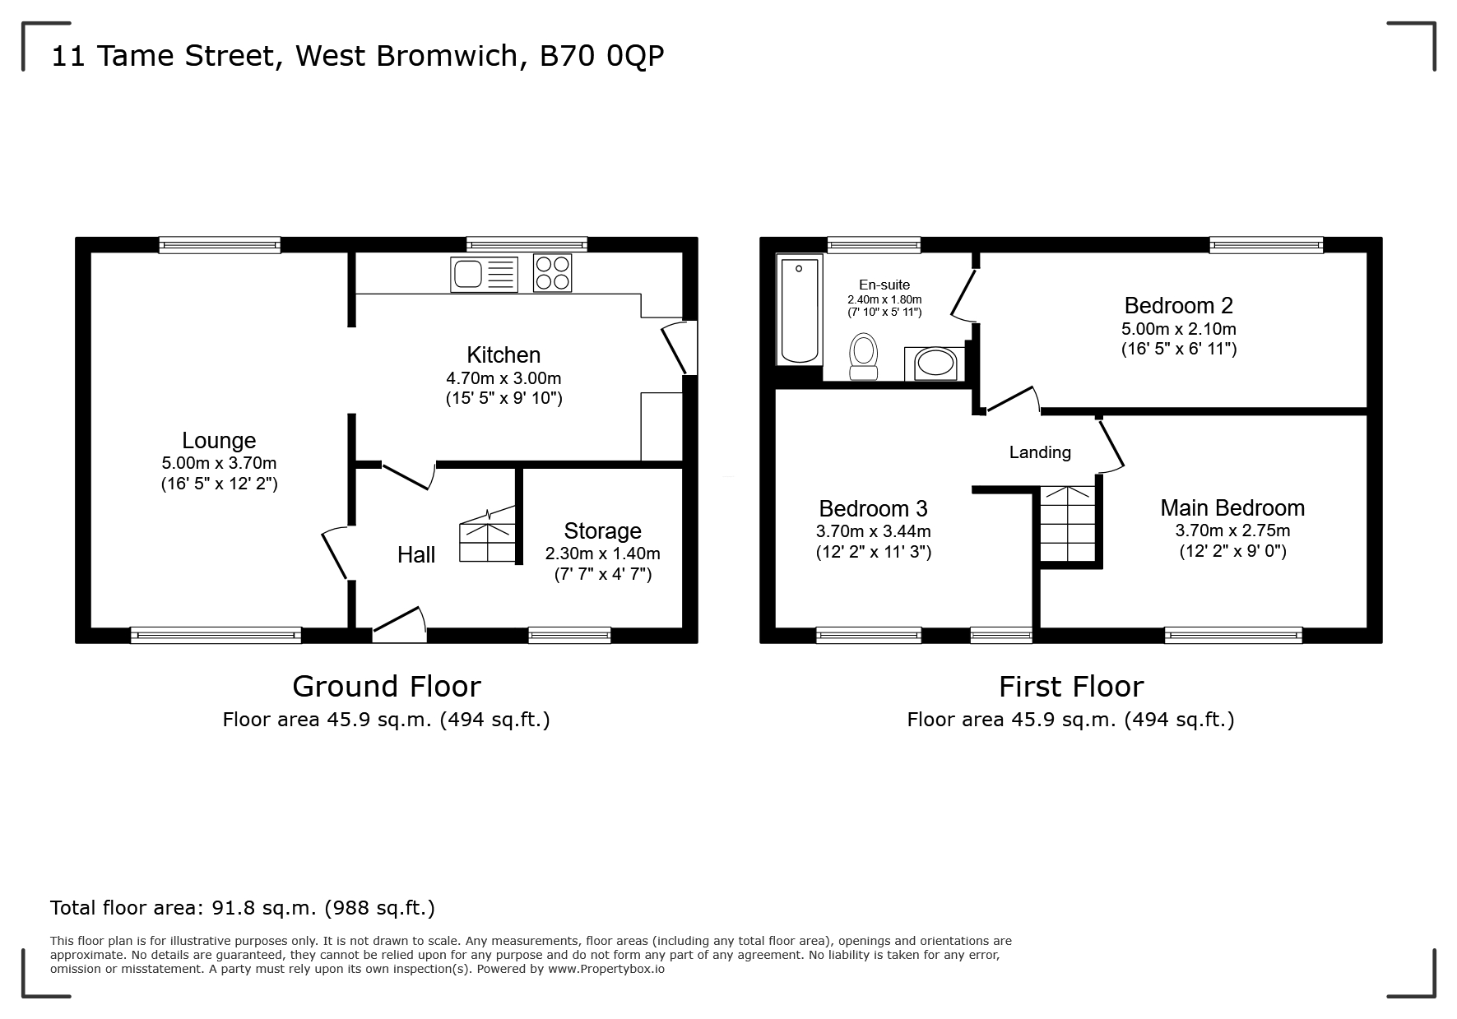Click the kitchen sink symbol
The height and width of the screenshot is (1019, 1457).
point(484,274)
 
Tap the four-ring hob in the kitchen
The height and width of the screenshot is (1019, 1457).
point(553,273)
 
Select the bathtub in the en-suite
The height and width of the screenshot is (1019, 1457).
point(800,309)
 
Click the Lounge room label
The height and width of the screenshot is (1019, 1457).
point(219,441)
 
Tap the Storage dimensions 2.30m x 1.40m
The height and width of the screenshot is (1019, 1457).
point(602,554)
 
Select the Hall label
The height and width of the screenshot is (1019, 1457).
point(416,555)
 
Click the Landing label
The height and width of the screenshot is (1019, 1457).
point(1040,452)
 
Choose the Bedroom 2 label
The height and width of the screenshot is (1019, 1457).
point(1178,306)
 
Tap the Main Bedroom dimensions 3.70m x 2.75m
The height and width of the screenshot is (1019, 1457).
point(1232,530)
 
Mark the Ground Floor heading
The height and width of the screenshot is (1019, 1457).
point(386,686)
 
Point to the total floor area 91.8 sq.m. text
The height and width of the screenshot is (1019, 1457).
point(242,908)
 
